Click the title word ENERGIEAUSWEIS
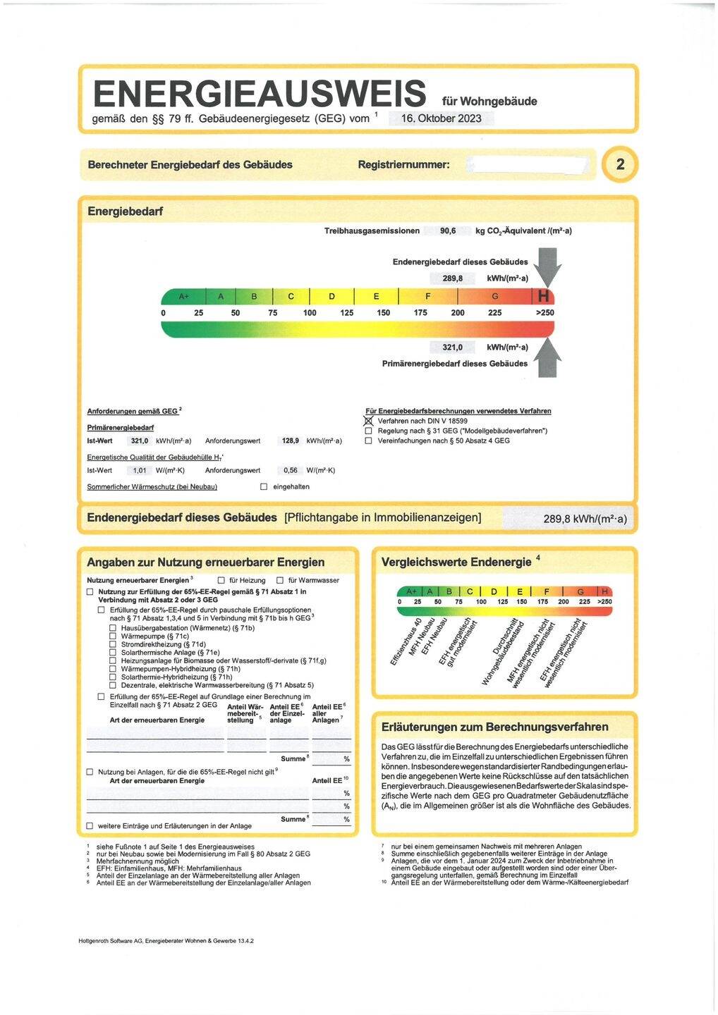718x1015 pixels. coord(260,94)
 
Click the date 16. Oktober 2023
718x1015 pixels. coord(441,118)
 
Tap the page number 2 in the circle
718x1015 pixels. coord(620,165)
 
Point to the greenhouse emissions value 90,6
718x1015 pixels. coord(448,231)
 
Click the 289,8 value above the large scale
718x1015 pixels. coord(453,278)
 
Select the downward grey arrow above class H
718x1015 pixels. coord(547,266)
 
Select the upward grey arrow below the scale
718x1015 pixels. coord(547,358)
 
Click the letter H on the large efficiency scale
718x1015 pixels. coord(544,297)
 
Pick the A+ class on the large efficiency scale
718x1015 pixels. coord(183,297)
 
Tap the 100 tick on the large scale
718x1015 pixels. coord(310,313)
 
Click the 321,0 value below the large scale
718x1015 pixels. coord(452,347)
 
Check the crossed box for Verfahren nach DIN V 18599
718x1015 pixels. coord(368,421)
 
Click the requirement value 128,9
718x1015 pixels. coord(291,441)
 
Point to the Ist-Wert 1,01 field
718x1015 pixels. coord(140,470)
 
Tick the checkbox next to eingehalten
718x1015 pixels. coord(264,486)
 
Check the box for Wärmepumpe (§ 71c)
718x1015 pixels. coord(113,636)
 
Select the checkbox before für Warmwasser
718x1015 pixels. coord(280,580)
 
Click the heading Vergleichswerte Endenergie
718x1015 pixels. coord(456,562)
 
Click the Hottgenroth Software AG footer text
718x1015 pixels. coord(166,940)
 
